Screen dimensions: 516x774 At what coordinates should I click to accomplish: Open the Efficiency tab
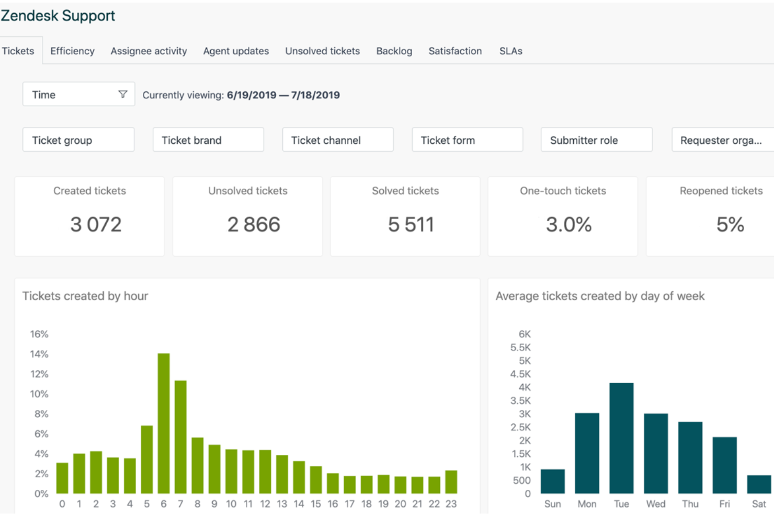[72, 51]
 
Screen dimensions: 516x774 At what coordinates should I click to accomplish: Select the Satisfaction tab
[455, 51]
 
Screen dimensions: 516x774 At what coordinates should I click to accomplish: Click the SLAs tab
[510, 51]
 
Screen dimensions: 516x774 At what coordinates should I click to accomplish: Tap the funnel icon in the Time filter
[123, 94]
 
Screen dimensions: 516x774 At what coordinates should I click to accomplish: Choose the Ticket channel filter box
[337, 140]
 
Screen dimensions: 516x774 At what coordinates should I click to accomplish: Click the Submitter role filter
[596, 140]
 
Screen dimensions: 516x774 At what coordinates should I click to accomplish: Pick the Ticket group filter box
[78, 140]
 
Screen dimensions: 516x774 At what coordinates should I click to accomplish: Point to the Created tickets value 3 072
[96, 225]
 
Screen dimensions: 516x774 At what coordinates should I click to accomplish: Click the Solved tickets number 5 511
[411, 225]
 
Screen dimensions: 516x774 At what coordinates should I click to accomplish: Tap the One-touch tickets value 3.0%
[568, 225]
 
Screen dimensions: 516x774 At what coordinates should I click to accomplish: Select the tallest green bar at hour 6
[164, 423]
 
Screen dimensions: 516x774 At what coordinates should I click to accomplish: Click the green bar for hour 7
[180, 437]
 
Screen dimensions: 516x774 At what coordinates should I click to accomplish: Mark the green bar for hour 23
[451, 482]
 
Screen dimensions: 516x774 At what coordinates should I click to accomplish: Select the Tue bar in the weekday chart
[621, 438]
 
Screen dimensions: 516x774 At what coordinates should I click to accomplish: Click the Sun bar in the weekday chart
[552, 481]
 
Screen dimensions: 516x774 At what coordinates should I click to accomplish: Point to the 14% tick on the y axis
[39, 354]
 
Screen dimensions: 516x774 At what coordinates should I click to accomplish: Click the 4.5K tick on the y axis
[520, 374]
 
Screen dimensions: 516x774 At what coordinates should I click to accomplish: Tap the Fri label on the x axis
[724, 504]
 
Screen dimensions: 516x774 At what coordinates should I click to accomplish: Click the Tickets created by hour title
[85, 296]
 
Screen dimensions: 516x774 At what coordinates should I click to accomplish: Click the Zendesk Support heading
[58, 16]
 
